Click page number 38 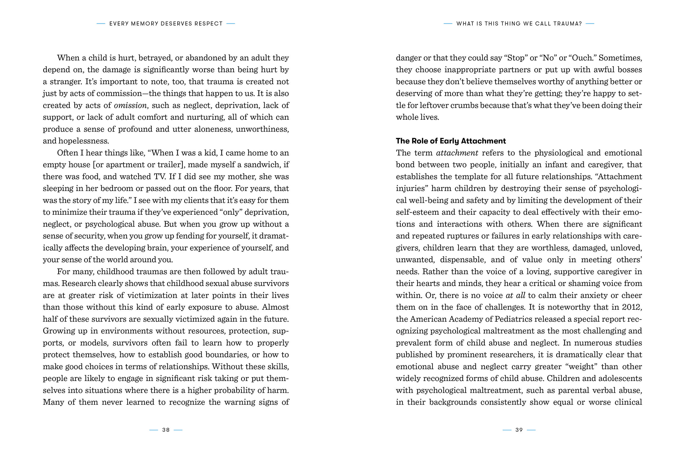coord(166,430)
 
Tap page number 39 coord(519,430)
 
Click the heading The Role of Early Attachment coord(451,141)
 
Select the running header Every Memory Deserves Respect coord(166,24)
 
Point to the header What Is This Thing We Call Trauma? coord(519,24)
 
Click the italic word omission coord(130,105)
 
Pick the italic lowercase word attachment coord(457,153)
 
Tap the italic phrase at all coord(516,295)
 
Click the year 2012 coord(632,307)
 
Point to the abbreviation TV coord(157,177)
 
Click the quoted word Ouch coord(583,58)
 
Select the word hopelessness coord(84,141)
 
